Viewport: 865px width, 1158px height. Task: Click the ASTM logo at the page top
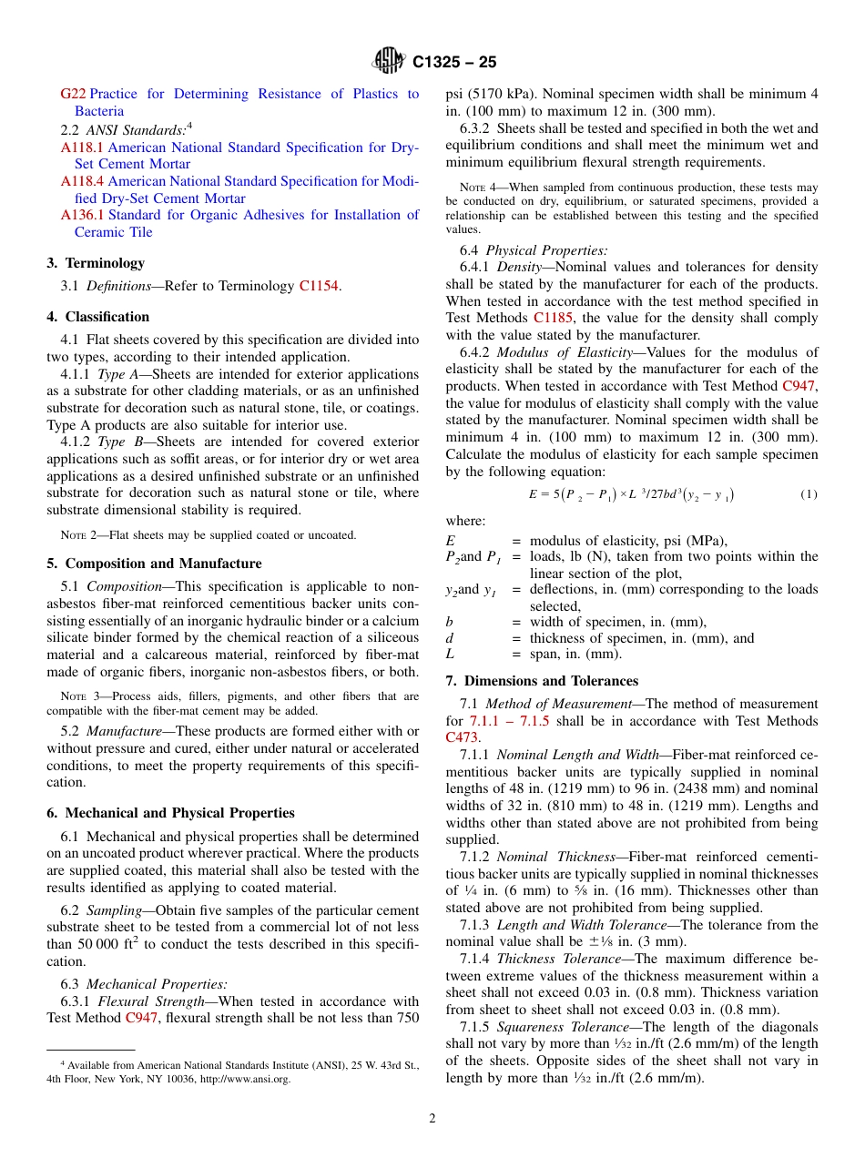click(x=390, y=62)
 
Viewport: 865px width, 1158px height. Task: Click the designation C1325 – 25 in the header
click(x=454, y=63)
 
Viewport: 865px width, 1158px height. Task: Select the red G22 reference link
click(x=73, y=94)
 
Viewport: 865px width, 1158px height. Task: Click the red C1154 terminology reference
click(x=318, y=286)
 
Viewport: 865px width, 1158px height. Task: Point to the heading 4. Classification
click(x=98, y=317)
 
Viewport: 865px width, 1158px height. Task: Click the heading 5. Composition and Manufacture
click(x=154, y=564)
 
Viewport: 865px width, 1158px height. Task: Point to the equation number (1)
click(x=809, y=494)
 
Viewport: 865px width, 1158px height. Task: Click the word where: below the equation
click(x=465, y=521)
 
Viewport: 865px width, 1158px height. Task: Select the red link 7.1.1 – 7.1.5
click(x=514, y=721)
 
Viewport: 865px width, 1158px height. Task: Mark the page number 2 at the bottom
click(x=432, y=1119)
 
